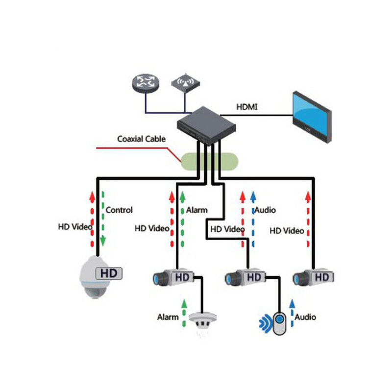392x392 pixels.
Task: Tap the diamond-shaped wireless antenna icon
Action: tap(185, 82)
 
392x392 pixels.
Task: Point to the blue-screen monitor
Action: tap(312, 117)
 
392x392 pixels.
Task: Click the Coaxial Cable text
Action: tap(141, 139)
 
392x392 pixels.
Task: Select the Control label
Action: tap(119, 210)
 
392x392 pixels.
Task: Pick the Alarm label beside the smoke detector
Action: tap(168, 317)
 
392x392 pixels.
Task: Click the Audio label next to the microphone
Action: tap(305, 317)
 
